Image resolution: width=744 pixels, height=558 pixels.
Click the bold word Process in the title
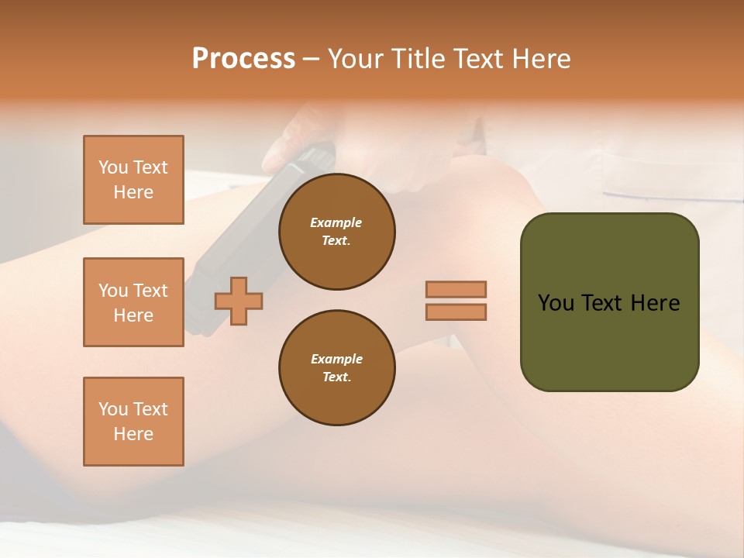(243, 59)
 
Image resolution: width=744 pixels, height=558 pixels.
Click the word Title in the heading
(418, 59)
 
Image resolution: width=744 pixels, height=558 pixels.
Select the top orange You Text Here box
(133, 180)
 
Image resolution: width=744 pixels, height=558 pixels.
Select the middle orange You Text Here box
(133, 302)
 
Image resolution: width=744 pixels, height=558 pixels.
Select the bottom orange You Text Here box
(133, 422)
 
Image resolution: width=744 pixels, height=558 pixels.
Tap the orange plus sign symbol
(239, 301)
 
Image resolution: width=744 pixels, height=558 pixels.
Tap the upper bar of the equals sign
(456, 289)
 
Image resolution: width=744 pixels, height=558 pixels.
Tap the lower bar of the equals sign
(456, 312)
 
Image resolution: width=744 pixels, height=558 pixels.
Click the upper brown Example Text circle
(336, 232)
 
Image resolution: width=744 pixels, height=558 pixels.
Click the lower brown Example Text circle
(336, 368)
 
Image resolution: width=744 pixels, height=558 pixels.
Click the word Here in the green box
(655, 303)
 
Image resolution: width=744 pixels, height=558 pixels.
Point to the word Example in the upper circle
(336, 222)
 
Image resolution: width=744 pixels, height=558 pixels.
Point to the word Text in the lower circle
(336, 377)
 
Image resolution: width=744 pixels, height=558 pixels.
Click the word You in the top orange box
(113, 167)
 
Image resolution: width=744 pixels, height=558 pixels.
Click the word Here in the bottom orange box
(133, 434)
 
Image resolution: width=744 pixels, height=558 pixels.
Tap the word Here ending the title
(542, 59)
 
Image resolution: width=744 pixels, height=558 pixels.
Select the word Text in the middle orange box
(151, 291)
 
